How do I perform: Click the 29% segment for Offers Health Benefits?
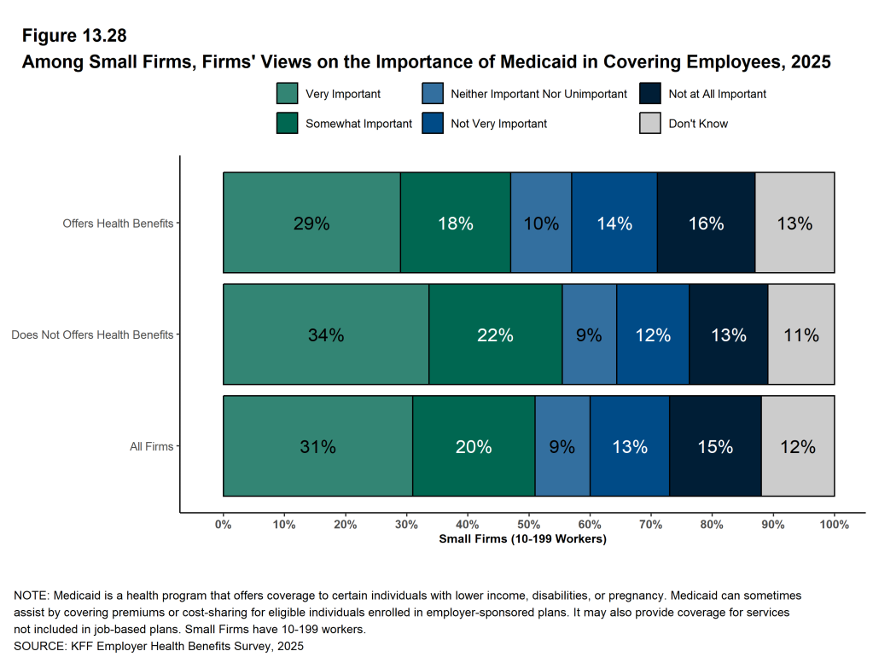(x=311, y=223)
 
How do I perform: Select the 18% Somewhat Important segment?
(x=455, y=223)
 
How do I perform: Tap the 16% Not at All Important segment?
(x=706, y=223)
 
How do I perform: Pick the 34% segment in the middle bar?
(x=326, y=334)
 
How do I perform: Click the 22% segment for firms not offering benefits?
(x=495, y=334)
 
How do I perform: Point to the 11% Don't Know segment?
(x=800, y=334)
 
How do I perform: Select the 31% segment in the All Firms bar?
(x=317, y=446)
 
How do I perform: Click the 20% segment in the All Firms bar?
(x=474, y=446)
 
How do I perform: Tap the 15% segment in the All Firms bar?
(x=715, y=446)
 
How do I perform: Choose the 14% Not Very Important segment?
(x=614, y=223)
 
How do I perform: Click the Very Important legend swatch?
(x=287, y=94)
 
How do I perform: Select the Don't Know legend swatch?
(x=649, y=123)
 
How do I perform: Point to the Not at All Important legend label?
(x=717, y=94)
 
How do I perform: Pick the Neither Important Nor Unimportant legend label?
(x=538, y=94)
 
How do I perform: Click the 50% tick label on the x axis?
(x=528, y=525)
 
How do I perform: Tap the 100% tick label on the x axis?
(x=834, y=525)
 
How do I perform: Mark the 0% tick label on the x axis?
(x=224, y=525)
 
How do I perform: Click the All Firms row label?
(x=151, y=446)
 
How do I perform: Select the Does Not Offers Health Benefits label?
(x=92, y=334)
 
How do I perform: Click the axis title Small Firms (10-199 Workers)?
(x=522, y=539)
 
